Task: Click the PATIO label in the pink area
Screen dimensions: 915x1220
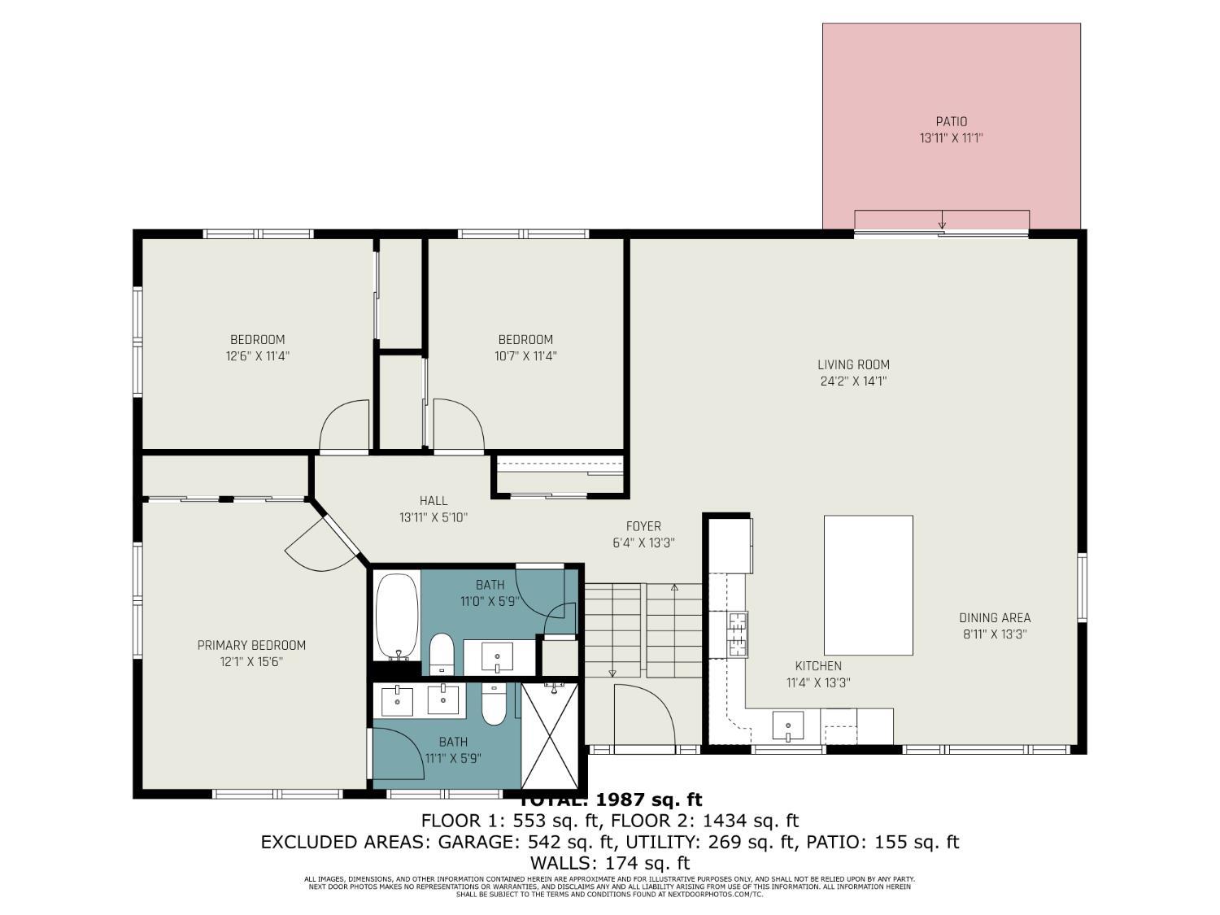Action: coord(951,122)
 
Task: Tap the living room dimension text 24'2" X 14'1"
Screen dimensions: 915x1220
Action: coord(853,381)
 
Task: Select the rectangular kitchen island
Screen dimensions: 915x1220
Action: coord(868,585)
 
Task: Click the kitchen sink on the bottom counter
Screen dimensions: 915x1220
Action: coord(787,724)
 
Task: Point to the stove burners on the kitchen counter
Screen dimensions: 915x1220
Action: coord(737,634)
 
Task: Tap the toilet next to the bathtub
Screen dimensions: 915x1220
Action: coord(442,652)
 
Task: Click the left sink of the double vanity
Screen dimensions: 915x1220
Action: coord(397,700)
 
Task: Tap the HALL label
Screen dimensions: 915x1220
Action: coord(434,501)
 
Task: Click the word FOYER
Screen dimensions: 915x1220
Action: coord(643,526)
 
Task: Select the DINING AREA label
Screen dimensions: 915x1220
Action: coord(995,618)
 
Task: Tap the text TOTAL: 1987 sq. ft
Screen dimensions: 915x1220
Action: coord(610,800)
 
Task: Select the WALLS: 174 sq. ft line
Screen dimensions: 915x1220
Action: coord(609,863)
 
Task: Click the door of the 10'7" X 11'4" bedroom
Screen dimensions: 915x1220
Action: coord(458,424)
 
